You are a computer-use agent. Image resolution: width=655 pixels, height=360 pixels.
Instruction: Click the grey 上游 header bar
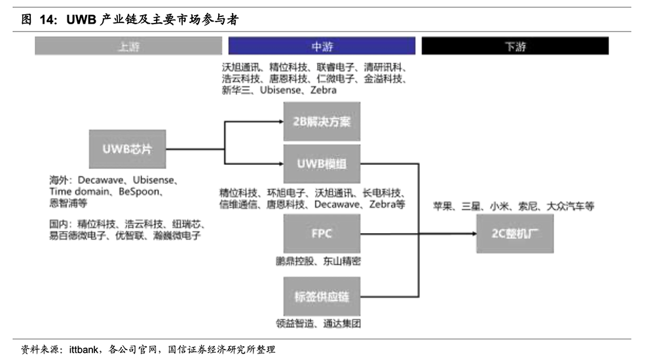128,46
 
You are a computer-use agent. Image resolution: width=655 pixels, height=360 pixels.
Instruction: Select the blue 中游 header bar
322,46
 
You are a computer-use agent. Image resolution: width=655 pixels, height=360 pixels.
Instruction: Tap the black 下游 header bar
515,46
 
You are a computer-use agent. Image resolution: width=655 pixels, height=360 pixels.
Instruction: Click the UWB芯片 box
126,149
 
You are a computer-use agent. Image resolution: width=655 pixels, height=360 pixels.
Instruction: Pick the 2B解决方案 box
322,122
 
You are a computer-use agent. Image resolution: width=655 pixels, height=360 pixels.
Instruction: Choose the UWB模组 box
322,164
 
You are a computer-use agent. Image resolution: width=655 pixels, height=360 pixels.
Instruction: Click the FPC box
322,234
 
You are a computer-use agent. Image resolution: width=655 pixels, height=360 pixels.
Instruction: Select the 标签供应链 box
322,297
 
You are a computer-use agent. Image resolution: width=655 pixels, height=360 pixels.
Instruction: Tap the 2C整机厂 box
515,234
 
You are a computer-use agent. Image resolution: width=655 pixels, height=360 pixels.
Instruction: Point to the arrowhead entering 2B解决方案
280,122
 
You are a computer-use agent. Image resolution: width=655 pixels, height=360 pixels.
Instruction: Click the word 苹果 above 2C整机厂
442,206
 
